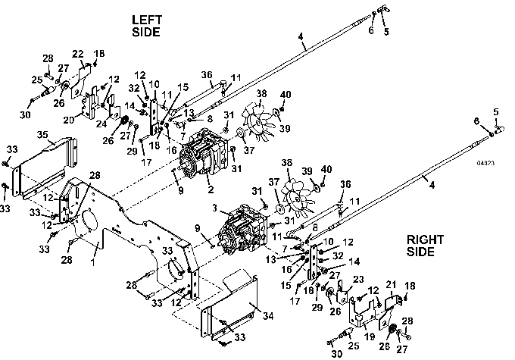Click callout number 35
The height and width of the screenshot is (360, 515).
42,137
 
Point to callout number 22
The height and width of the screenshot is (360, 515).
77,53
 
